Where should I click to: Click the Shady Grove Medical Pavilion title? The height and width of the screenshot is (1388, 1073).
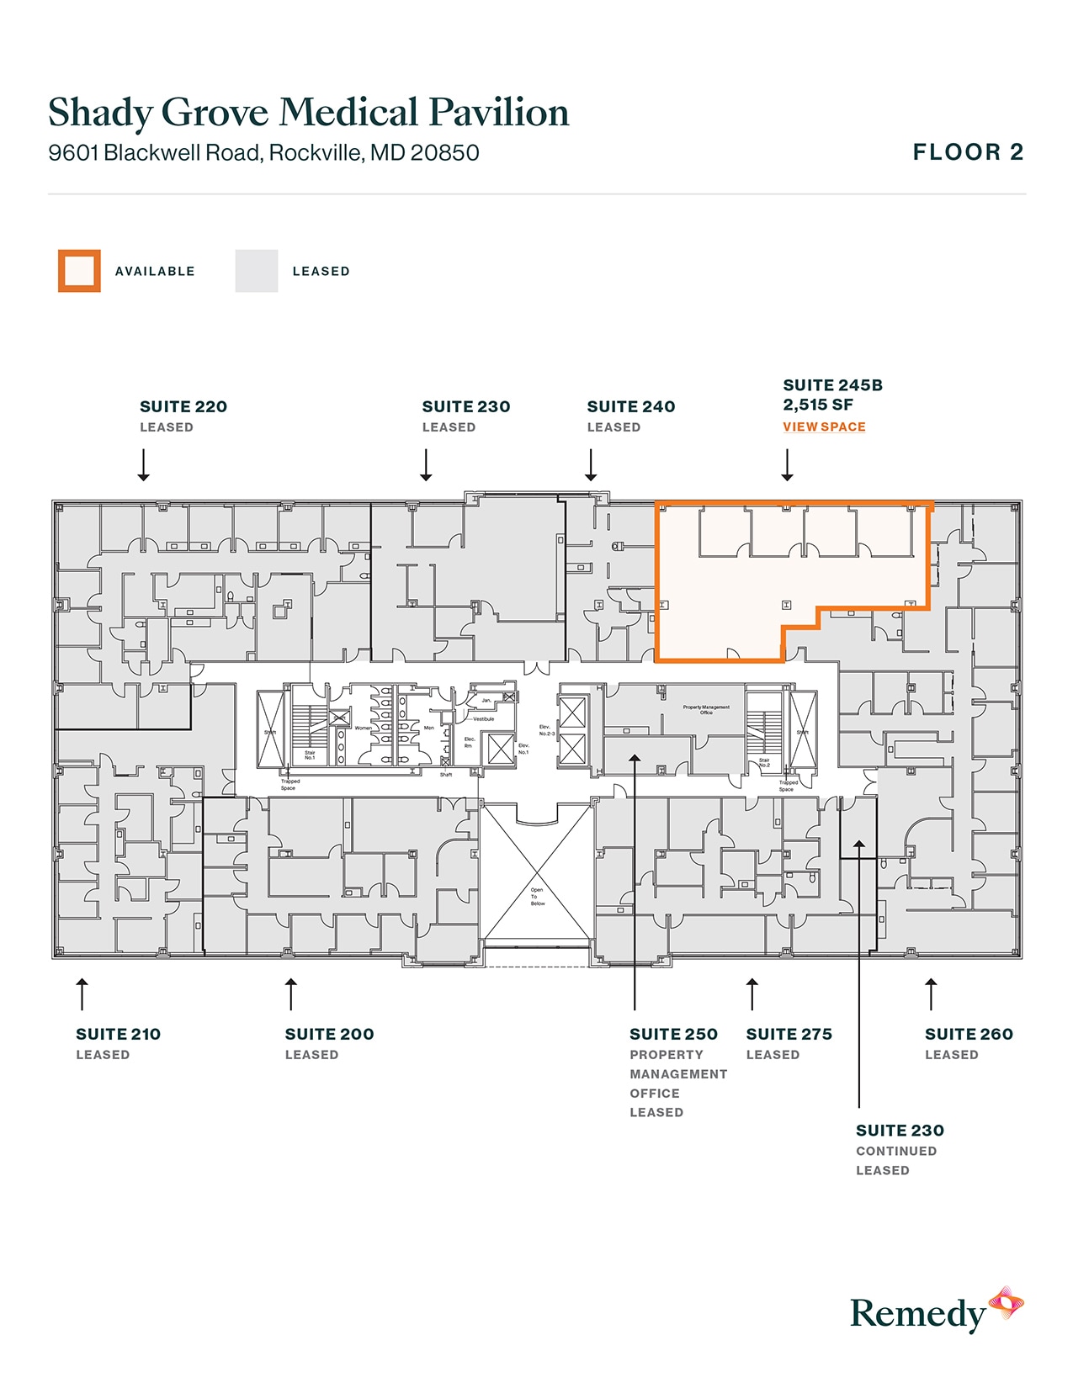pos(308,113)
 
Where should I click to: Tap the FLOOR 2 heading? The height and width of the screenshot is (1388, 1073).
pos(968,152)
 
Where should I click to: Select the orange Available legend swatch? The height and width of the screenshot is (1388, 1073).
pos(79,271)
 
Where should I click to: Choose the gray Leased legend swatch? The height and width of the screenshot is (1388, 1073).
pos(257,271)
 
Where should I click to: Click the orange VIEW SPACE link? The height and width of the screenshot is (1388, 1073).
pos(824,426)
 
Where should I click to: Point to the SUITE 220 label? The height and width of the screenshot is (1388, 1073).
pos(183,406)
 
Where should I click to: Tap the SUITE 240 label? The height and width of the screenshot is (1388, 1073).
pos(631,406)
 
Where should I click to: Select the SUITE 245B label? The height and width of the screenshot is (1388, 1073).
pos(832,385)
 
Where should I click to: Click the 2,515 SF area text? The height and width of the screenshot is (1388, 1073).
pos(818,405)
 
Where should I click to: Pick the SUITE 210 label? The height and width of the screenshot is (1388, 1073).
pos(118,1034)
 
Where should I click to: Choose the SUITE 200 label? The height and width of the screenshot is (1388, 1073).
pos(329,1034)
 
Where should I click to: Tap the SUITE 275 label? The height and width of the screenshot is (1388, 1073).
pos(789,1034)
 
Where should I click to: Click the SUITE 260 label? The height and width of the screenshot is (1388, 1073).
pos(969,1034)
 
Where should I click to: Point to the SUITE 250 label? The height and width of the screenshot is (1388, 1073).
pos(673,1034)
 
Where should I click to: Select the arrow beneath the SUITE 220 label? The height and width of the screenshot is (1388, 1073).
pos(144,464)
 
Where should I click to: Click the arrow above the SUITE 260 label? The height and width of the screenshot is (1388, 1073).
pos(931,993)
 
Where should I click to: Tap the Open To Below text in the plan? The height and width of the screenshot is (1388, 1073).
pos(537,897)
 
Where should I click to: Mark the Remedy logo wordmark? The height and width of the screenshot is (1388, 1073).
pos(917,1314)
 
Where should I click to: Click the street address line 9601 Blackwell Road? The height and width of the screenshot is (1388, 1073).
pos(263,153)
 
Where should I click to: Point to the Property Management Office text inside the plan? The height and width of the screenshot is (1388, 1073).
pos(706,710)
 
